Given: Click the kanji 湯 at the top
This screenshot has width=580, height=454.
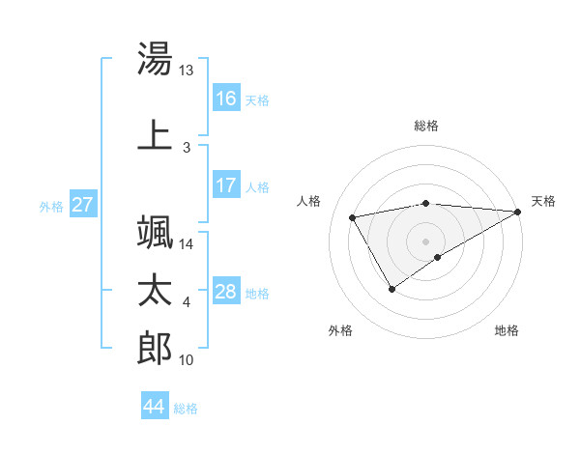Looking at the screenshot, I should tap(155, 60).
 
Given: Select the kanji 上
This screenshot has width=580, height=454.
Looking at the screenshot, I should tap(155, 135).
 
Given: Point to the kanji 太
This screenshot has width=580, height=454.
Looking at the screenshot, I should tap(155, 291).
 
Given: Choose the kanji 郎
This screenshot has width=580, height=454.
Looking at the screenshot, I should tap(155, 348).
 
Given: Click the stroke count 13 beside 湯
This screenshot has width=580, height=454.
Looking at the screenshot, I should tap(187, 71).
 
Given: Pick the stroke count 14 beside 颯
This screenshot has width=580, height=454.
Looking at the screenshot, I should tap(187, 244).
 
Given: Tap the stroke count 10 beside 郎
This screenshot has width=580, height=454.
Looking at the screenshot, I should tap(187, 360).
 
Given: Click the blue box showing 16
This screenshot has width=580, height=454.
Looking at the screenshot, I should tap(226, 99).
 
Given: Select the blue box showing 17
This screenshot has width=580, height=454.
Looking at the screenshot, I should tap(226, 185).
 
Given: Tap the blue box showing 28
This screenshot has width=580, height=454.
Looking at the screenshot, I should tap(226, 292).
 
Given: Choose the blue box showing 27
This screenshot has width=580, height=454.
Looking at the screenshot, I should tap(82, 205).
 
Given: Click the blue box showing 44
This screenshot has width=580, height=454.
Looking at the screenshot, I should tap(154, 408).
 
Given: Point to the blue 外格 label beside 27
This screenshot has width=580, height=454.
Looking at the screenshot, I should tap(50, 206).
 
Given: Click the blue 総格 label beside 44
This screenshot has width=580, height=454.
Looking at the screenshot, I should tap(186, 409).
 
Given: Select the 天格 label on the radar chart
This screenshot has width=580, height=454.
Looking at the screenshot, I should tap(543, 201).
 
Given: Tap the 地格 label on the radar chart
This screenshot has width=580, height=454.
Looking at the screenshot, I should tap(507, 330).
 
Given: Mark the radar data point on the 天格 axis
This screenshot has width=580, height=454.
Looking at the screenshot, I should tap(519, 211).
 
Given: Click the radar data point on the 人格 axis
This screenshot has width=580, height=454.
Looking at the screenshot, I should tap(353, 218).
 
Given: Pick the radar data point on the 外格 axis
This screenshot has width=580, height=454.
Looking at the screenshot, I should tap(391, 288).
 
